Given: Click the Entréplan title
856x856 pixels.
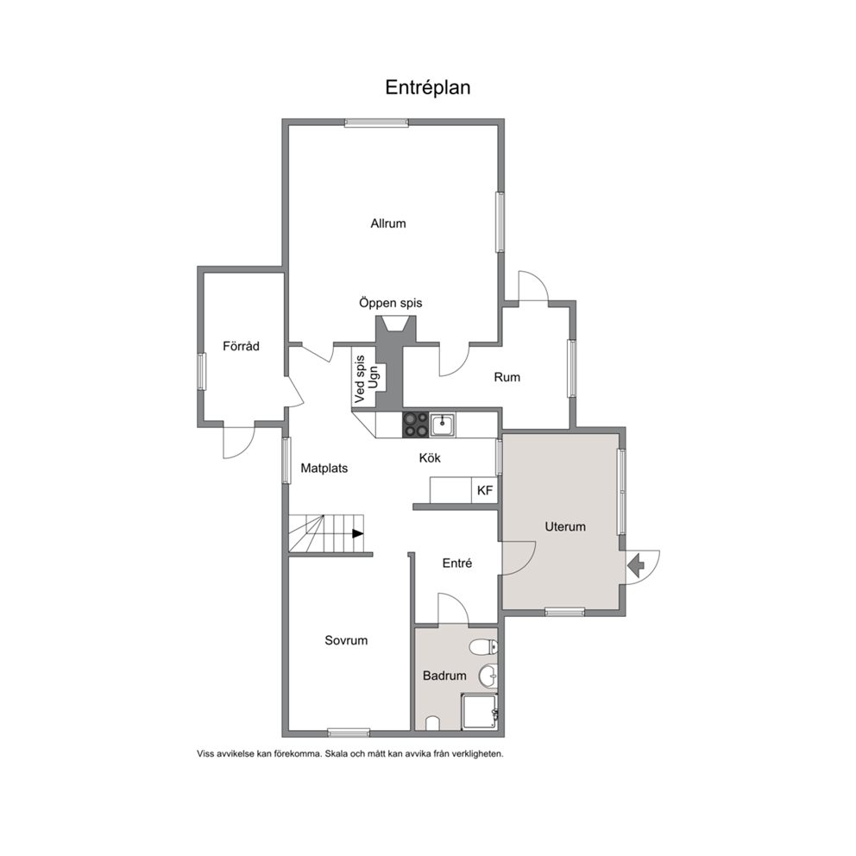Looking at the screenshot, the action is tap(427, 88).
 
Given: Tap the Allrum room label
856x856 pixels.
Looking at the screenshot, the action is tap(388, 223).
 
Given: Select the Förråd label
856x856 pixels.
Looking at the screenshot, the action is tap(241, 345).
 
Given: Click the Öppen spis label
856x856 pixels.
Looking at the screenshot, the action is tap(390, 303).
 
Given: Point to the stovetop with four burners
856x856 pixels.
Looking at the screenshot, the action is tap(416, 425).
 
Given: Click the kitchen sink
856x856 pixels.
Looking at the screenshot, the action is tap(442, 425).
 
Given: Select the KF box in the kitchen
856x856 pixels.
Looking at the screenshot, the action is tap(485, 490).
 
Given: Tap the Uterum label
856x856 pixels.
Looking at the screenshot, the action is tap(565, 527).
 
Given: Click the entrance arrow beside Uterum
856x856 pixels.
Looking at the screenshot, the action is tap(636, 565).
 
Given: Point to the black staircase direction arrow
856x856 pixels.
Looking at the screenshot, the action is tap(357, 533).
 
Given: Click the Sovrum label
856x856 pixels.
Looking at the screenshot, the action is tap(346, 640).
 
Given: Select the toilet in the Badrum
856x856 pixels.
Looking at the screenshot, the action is tap(484, 647).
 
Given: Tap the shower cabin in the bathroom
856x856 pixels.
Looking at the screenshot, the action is tap(480, 711).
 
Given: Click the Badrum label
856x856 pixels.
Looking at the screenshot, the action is tap(444, 676).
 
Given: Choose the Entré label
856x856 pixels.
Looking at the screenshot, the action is tap(457, 563).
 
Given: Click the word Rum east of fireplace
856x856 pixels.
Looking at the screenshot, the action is tap(507, 377).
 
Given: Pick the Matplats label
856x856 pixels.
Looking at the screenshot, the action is tap(324, 469).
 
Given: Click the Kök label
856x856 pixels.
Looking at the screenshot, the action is tap(430, 457).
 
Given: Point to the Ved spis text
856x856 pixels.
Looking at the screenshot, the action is tap(360, 380).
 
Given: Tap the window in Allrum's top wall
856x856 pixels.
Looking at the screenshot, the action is tap(376, 123).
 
